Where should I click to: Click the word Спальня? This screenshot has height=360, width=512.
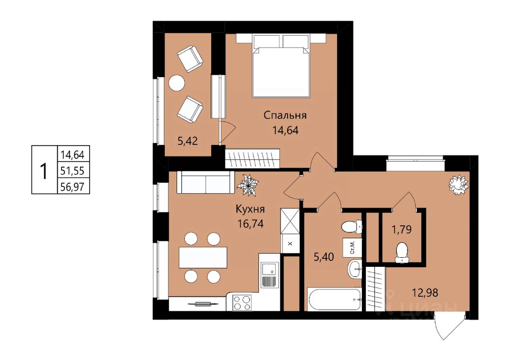point(285,116)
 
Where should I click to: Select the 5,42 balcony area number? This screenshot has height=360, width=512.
point(188,141)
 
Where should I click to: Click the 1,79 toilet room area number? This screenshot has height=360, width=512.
point(402,229)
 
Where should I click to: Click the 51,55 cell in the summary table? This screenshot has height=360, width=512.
point(72,170)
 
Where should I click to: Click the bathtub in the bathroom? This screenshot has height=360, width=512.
point(335,299)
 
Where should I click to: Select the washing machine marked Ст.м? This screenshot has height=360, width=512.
point(352,247)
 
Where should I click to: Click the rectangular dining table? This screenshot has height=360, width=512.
point(203,257)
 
